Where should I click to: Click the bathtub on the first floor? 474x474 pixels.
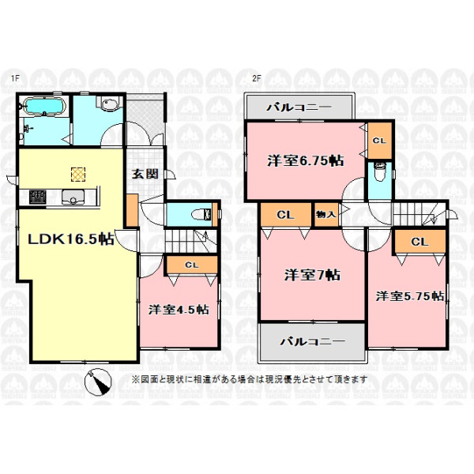(x=44, y=106)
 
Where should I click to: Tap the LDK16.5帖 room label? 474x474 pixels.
(x=71, y=239)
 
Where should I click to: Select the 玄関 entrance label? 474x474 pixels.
(x=145, y=174)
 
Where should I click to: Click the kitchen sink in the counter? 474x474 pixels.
(x=73, y=197)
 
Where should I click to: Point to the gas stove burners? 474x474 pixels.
(x=37, y=197)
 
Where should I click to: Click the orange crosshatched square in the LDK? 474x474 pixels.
(x=78, y=175)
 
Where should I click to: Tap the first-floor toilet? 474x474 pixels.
(x=201, y=215)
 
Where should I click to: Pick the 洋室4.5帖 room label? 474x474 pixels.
(x=179, y=310)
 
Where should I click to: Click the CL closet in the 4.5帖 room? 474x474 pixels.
(x=192, y=265)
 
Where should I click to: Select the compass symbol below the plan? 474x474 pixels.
(x=98, y=382)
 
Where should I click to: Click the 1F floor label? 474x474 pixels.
(x=15, y=78)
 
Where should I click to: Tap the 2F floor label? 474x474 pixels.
(x=257, y=78)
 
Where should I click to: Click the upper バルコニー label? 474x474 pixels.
(x=299, y=107)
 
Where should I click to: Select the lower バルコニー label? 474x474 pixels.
(x=312, y=341)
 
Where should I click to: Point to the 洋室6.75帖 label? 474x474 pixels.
(x=306, y=160)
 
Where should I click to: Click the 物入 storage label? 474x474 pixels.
(x=325, y=214)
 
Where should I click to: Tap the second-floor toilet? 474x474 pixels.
(x=379, y=171)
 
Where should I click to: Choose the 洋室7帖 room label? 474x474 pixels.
(x=312, y=275)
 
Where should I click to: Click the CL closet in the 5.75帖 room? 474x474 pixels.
(x=419, y=242)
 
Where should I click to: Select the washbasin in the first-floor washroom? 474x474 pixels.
(x=108, y=104)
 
